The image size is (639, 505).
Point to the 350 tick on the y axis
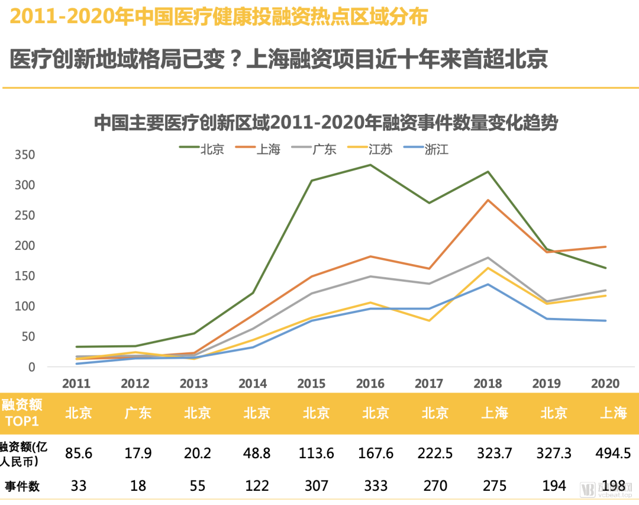(x=25, y=155)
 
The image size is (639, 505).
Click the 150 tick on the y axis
(x=25, y=276)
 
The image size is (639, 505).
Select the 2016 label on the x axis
(x=370, y=384)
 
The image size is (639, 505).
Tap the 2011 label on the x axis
(x=76, y=384)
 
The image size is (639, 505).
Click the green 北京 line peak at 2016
(x=370, y=165)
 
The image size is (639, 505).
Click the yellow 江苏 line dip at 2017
(x=429, y=321)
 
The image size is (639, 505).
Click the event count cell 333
(x=376, y=486)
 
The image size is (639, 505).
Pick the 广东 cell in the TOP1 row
(x=138, y=413)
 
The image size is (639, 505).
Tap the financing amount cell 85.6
(x=79, y=453)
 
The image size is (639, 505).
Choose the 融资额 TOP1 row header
(x=22, y=413)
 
